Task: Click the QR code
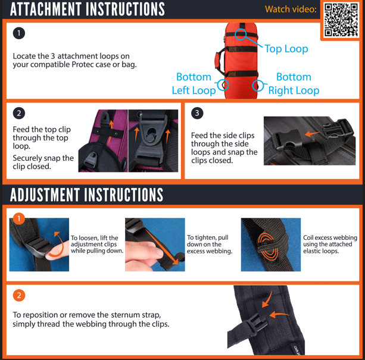342,19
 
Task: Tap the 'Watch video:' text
291,9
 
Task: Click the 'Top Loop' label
286,49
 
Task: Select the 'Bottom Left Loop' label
194,84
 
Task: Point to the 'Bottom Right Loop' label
294,84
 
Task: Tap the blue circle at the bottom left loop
223,86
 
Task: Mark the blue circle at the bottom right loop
258,86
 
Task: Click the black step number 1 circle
19,33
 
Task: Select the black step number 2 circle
19,112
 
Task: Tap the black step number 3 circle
198,112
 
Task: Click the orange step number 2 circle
19,295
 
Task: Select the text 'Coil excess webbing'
327,237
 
